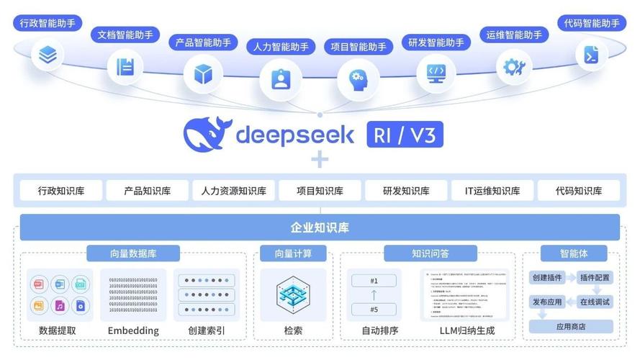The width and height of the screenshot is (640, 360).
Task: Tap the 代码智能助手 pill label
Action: pyautogui.click(x=592, y=23)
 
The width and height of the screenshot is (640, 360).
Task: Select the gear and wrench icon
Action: pyautogui.click(x=514, y=68)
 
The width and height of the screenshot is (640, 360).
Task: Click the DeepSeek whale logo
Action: pyautogui.click(x=207, y=134)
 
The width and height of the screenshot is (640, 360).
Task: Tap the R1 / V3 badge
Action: pyautogui.click(x=405, y=135)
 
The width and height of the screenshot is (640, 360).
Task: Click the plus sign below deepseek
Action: pyautogui.click(x=319, y=160)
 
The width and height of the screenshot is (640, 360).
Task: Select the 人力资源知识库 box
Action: pyautogui.click(x=233, y=191)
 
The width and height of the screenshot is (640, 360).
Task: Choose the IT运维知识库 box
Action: pyautogui.click(x=492, y=191)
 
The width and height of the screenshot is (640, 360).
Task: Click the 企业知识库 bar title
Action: pyautogui.click(x=320, y=228)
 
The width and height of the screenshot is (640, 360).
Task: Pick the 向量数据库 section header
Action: pyautogui.click(x=133, y=253)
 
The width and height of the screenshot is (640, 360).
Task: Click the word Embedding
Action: pyautogui.click(x=133, y=330)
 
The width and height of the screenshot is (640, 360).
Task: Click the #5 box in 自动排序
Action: pyautogui.click(x=374, y=310)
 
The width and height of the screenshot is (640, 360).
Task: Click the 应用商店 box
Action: pyautogui.click(x=571, y=326)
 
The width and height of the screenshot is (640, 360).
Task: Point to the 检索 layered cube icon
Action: pyautogui.click(x=293, y=295)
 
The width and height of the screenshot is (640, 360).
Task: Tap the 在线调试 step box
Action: pyautogui.click(x=595, y=302)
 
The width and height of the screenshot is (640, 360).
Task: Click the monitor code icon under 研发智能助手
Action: pyautogui.click(x=436, y=71)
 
